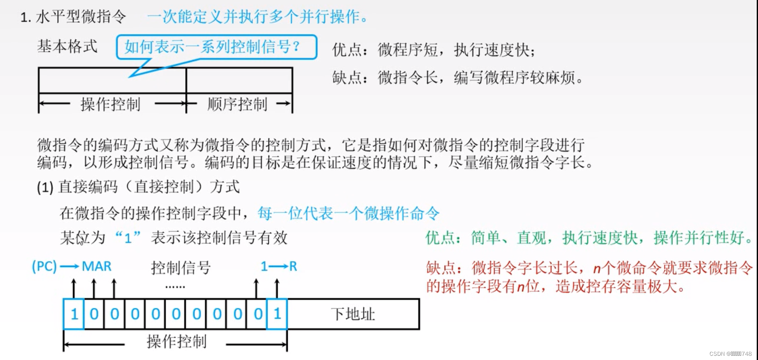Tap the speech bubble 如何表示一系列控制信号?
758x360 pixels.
click(216, 47)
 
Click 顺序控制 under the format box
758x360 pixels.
click(237, 104)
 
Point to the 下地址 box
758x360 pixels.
click(353, 314)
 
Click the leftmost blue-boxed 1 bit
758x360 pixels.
click(74, 314)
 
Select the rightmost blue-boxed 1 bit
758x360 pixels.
click(277, 314)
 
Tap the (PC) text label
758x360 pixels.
click(44, 266)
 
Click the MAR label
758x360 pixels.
click(96, 266)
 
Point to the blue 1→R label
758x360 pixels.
click(279, 266)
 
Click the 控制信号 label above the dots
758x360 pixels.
click(181, 267)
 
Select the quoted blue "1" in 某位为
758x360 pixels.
click(128, 238)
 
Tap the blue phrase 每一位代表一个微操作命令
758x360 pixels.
click(348, 214)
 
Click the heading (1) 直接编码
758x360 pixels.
click(138, 187)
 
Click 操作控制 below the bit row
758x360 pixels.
click(177, 341)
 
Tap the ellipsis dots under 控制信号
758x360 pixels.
click(175, 287)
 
